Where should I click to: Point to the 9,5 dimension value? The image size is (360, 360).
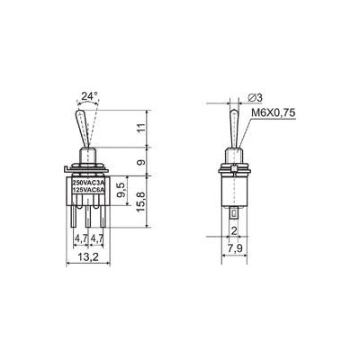121,191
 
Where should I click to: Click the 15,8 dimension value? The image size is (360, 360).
141,202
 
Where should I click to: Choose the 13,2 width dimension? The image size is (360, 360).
88,256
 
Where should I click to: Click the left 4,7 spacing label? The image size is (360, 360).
81,238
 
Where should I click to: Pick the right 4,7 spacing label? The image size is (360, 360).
97,238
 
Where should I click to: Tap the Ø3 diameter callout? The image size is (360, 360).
256,97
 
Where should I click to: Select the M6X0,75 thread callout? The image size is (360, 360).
274,112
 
